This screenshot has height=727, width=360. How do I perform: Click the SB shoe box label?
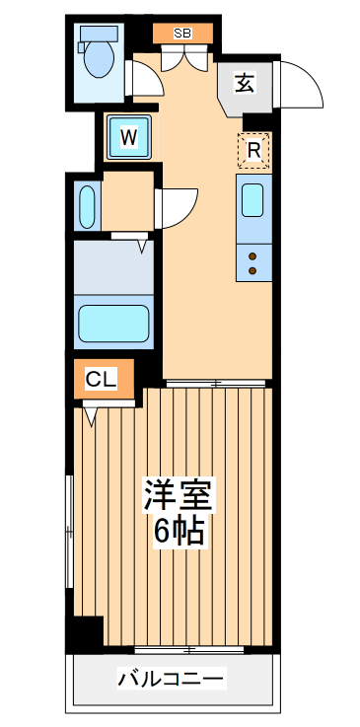(182, 33)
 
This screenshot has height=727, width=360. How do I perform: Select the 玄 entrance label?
(244, 84)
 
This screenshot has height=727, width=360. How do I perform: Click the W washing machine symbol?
(128, 138)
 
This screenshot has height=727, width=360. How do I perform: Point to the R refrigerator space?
(253, 150)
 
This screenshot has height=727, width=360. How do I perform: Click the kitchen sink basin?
(252, 199)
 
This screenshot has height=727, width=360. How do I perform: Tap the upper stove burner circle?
(252, 255)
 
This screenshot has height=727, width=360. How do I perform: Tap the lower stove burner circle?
(252, 269)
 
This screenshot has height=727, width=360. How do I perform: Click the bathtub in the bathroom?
(113, 322)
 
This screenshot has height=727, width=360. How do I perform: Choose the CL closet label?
(99, 379)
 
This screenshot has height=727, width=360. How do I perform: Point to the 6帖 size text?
(179, 532)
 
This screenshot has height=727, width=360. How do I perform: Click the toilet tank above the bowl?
(98, 32)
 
